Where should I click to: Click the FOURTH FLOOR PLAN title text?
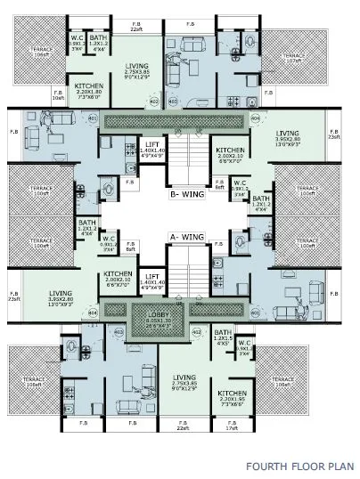click(299, 465)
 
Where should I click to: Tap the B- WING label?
click(187, 190)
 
